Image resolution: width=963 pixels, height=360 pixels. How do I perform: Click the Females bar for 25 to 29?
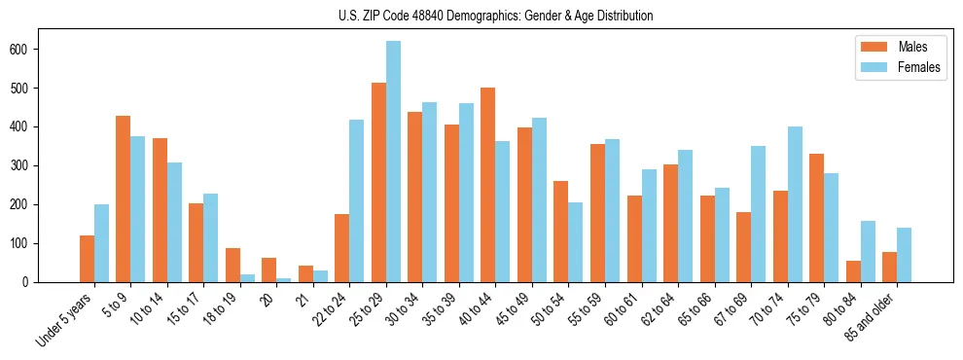(x=393, y=162)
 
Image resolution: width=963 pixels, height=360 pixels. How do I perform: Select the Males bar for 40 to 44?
(x=488, y=185)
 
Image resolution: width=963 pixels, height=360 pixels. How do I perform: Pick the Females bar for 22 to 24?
(x=357, y=200)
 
